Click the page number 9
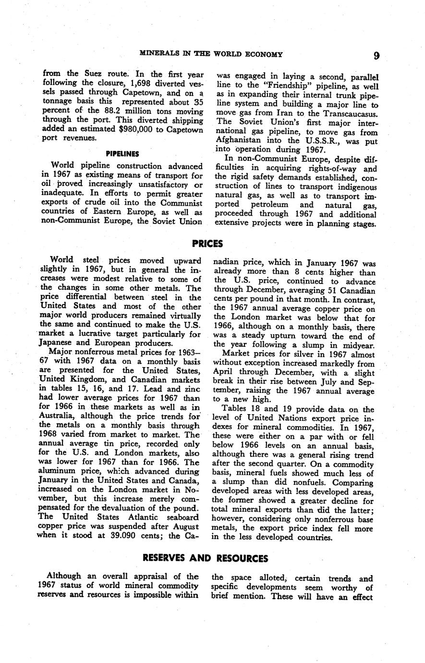pos(376,56)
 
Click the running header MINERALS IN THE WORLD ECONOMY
pos(211,54)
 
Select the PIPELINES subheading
pos(122,154)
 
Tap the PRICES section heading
pos(207,244)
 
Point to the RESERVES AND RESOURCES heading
pos(206,558)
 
